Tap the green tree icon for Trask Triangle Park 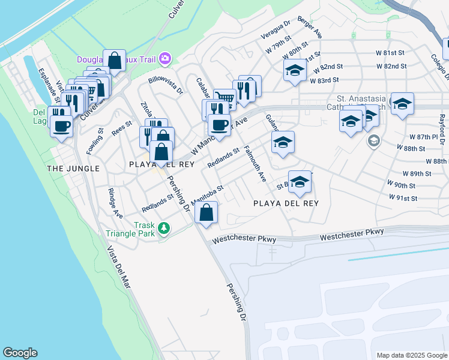(163, 227)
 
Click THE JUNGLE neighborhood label (73, 169)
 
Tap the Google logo (20, 353)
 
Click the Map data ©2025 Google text (412, 355)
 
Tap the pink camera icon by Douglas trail (164, 59)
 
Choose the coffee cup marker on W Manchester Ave (219, 125)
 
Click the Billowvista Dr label (166, 86)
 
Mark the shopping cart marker (225, 98)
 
